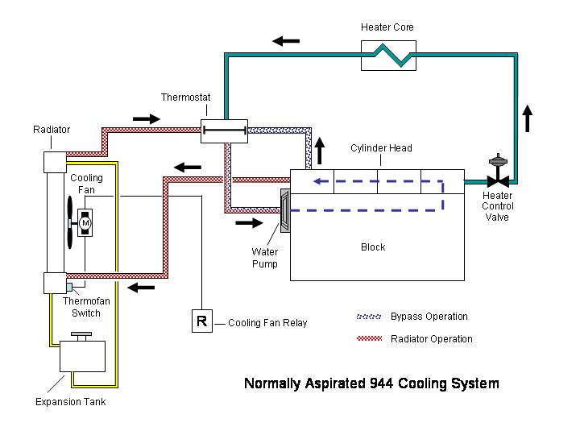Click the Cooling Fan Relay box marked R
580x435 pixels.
pyautogui.click(x=202, y=321)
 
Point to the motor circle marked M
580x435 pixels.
pyautogui.click(x=85, y=223)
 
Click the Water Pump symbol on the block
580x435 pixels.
pyautogui.click(x=285, y=211)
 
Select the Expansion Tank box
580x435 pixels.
pyautogui.click(x=82, y=356)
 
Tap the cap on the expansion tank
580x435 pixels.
pyautogui.click(x=81, y=336)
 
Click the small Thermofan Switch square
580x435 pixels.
pyautogui.click(x=69, y=287)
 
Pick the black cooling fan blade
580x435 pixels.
pyautogui.click(x=70, y=222)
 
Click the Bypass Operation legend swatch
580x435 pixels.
pyautogui.click(x=369, y=317)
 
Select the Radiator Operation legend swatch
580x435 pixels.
pyautogui.click(x=369, y=338)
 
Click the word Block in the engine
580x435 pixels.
pyautogui.click(x=373, y=247)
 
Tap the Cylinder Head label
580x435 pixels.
pyautogui.click(x=381, y=148)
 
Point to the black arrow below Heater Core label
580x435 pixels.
pyautogui.click(x=286, y=41)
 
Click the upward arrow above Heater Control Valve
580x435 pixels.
pyautogui.click(x=528, y=118)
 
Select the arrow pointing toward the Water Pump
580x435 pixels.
pyautogui.click(x=249, y=222)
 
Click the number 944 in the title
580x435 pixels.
pyautogui.click(x=381, y=383)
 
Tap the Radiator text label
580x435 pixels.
pyautogui.click(x=52, y=130)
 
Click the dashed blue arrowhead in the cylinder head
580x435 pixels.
pyautogui.click(x=317, y=181)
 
